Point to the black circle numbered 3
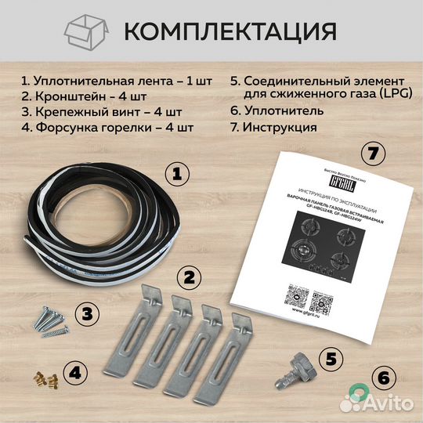[87, 314]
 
